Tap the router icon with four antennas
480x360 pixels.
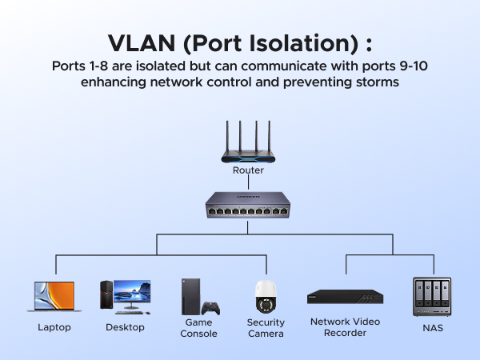[247, 144]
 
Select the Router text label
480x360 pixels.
[247, 170]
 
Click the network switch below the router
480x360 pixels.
[247, 206]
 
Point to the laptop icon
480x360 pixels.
[54, 296]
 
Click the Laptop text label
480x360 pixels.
[54, 327]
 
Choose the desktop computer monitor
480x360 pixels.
[132, 293]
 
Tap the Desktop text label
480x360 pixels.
[125, 327]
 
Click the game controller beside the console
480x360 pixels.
[210, 308]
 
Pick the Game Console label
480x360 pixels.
[198, 327]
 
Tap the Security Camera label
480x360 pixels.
[266, 327]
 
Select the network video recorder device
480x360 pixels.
[345, 297]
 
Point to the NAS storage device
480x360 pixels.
[431, 297]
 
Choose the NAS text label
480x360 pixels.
[431, 327]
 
